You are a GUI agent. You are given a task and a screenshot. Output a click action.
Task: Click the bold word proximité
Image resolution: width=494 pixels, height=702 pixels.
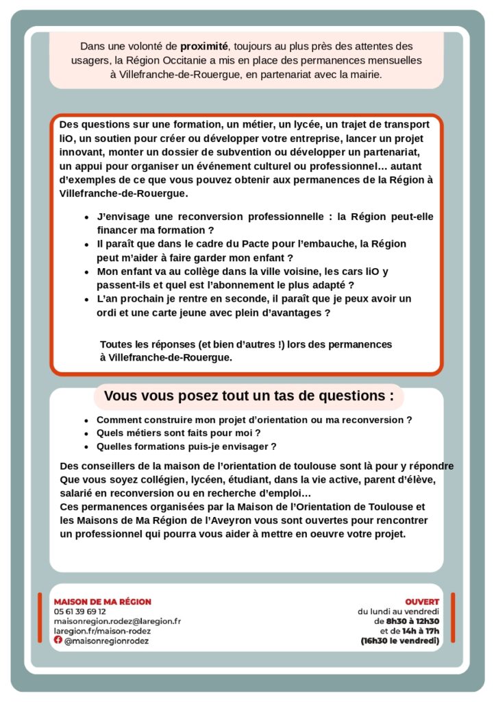[x=203, y=47]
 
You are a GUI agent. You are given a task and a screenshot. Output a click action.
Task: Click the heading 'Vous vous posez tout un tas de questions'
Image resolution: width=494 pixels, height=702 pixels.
[x=249, y=396]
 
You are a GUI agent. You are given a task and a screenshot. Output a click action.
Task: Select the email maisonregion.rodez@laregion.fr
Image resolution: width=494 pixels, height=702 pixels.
[x=117, y=620]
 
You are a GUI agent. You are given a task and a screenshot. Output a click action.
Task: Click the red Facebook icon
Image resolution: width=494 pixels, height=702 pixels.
[x=58, y=640]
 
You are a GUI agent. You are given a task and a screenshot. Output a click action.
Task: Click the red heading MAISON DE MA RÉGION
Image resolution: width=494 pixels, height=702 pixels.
[x=102, y=601]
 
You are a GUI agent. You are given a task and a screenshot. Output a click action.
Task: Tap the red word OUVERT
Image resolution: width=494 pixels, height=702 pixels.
[x=422, y=601]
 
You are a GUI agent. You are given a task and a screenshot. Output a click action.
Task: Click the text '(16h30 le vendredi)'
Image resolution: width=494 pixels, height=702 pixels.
[x=400, y=640]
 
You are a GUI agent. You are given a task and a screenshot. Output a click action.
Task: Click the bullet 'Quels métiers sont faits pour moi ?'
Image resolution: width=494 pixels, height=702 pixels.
[x=179, y=433]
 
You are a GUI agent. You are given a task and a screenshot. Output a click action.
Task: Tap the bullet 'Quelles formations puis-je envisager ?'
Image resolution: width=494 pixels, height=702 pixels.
[x=186, y=446]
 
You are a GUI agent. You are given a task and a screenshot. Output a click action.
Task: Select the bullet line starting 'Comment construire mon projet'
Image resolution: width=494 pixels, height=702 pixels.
[x=254, y=420]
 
